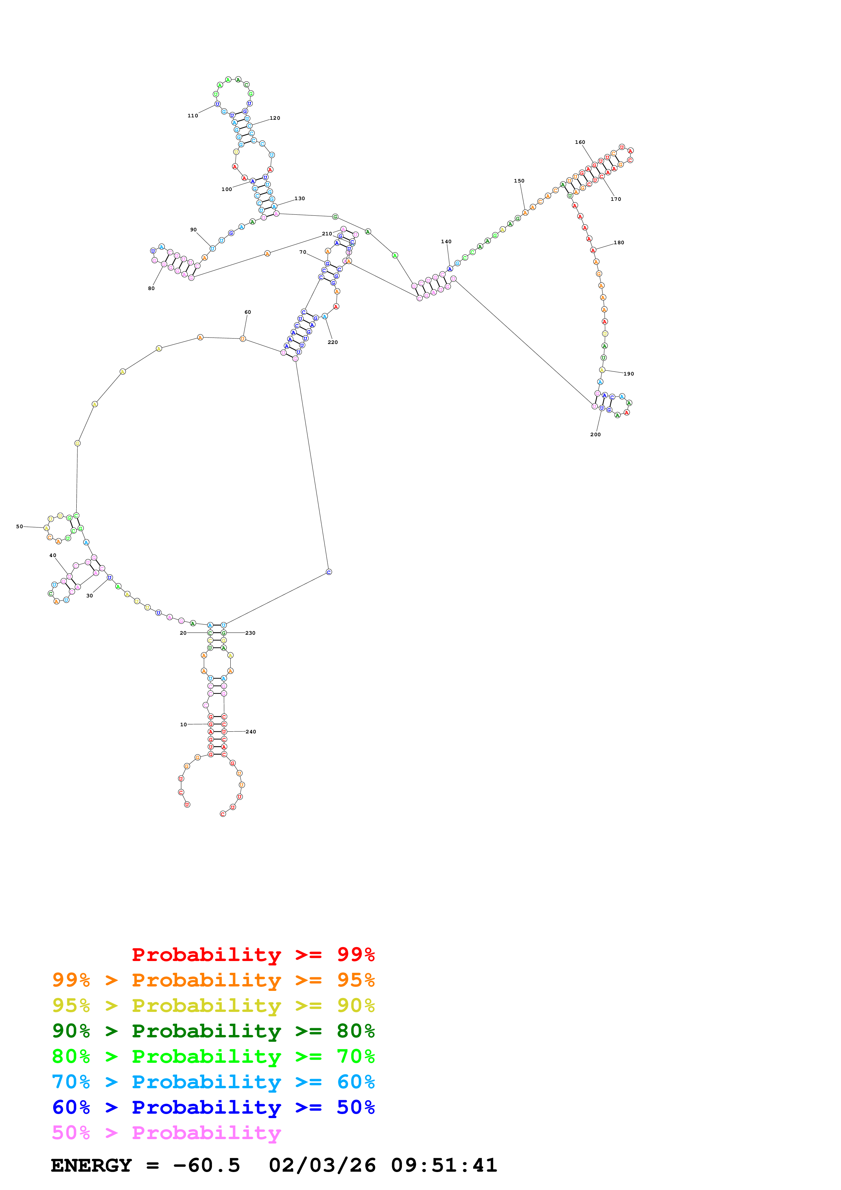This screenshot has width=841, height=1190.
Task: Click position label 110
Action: point(193,116)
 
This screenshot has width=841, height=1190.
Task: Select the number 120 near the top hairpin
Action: point(275,118)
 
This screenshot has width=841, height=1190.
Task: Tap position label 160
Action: point(580,142)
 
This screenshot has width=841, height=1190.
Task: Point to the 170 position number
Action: point(616,199)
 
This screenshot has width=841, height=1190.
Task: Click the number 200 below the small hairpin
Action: point(595,434)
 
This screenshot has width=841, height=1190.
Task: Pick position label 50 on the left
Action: point(19,526)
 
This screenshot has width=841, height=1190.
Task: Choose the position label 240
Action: point(251,732)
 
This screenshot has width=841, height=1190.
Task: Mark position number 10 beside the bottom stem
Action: point(184,725)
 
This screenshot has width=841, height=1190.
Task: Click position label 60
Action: point(248,312)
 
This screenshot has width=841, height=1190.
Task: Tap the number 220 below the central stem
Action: point(333,342)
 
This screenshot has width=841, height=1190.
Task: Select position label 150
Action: point(519,181)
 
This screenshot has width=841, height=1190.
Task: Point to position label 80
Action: point(151,288)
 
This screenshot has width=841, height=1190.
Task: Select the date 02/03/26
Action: point(322,1165)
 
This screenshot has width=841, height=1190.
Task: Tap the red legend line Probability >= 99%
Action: point(253,955)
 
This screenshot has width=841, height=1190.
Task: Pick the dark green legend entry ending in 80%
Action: point(213,1031)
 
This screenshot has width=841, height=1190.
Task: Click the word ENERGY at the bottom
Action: point(91,1165)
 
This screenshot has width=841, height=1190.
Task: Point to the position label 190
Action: point(629,374)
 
